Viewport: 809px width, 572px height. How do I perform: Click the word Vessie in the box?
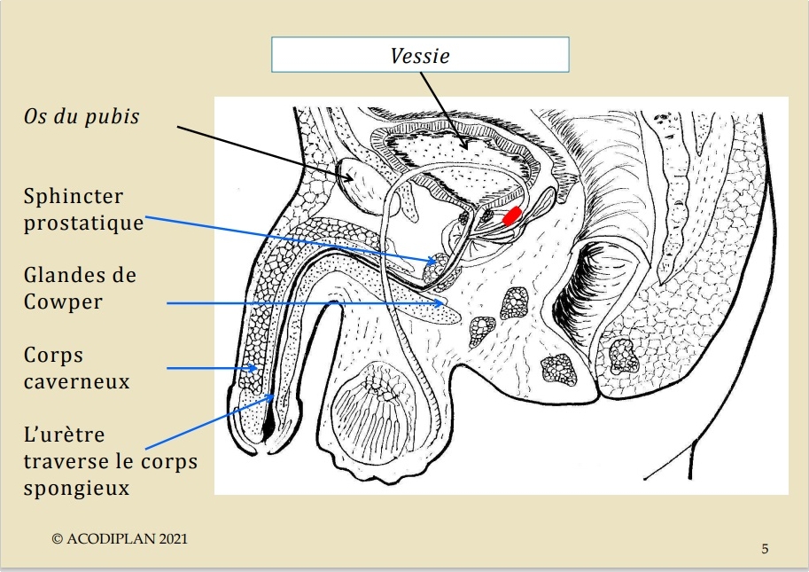[420, 56]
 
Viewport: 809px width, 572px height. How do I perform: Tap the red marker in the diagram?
[512, 215]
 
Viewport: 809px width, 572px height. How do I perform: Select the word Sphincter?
[74, 196]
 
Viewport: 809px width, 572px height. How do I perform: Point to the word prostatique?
[83, 223]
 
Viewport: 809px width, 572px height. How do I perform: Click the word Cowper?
[63, 302]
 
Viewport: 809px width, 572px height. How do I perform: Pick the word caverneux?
[76, 381]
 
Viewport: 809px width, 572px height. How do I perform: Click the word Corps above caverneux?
[53, 356]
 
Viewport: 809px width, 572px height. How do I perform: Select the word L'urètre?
[64, 435]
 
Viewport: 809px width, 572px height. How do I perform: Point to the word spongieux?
[76, 489]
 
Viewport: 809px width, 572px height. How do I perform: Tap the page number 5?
[766, 549]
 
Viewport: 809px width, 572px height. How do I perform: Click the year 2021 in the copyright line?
[174, 539]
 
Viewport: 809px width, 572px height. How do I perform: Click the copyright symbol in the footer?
[58, 539]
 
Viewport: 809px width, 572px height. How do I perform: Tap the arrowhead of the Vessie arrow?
[465, 145]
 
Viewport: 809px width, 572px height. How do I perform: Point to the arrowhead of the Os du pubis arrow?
[349, 177]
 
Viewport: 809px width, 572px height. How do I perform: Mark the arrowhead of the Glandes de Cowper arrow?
[440, 303]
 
